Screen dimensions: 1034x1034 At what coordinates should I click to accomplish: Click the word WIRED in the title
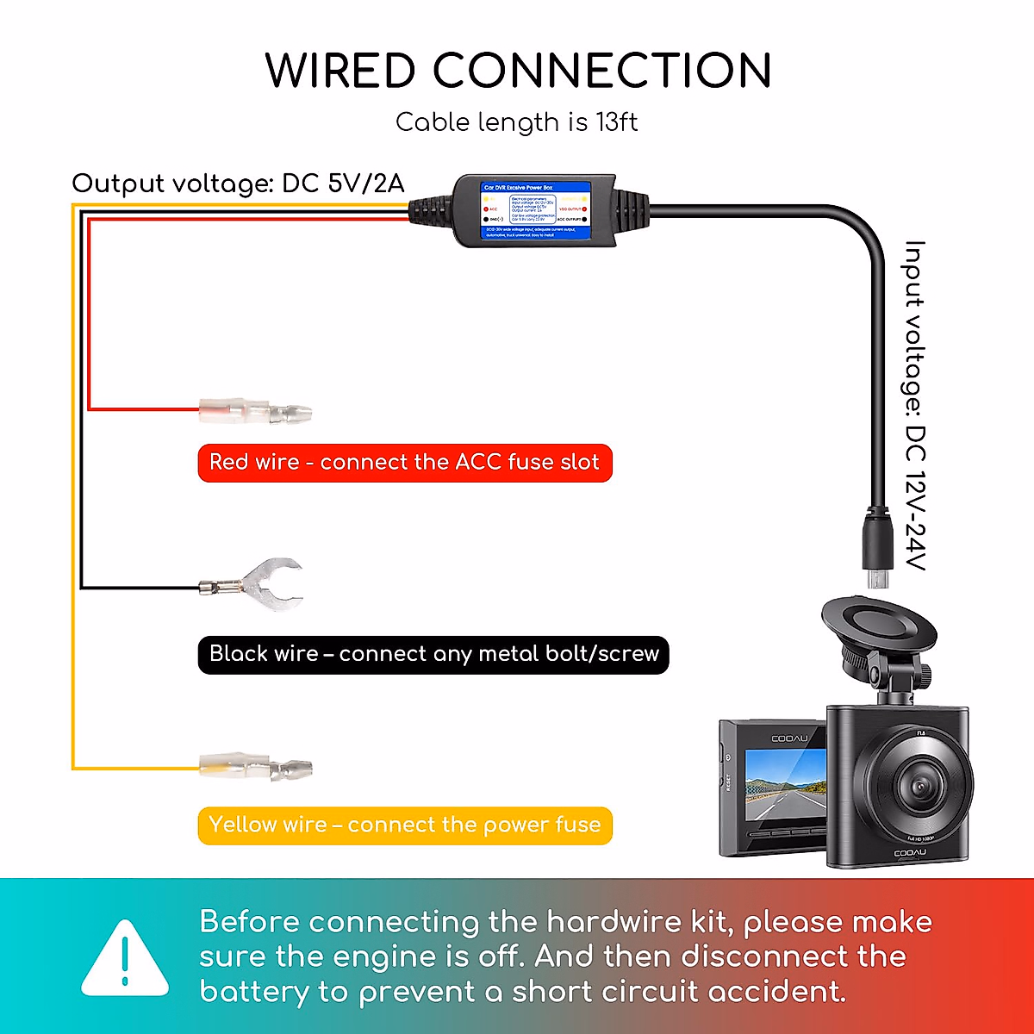coord(339,71)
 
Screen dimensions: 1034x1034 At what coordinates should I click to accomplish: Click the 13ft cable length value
coord(617,122)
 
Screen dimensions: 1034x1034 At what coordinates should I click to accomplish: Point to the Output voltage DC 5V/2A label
coord(238,184)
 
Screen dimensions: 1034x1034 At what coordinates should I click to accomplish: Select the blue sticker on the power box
coord(534,209)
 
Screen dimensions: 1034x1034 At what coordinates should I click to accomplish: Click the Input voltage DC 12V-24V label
coord(914,405)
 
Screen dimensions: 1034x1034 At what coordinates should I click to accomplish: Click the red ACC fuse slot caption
coord(404,463)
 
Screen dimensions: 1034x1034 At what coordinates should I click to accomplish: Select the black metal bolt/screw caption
coord(433,654)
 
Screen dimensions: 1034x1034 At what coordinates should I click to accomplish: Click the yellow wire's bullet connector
coord(256,766)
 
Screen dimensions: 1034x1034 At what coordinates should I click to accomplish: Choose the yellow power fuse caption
coord(404,825)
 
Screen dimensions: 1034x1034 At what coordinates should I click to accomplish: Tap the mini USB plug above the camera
coord(877,551)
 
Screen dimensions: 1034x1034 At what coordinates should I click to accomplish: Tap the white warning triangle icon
coord(125,958)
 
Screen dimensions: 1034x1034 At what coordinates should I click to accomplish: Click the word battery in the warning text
coord(253,993)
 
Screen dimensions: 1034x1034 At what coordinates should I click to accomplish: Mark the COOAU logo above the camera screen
coord(789,738)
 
